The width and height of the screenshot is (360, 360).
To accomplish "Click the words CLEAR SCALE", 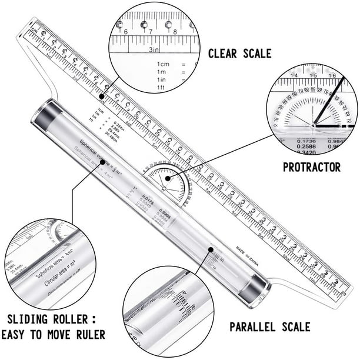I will pyautogui.click(x=239, y=54).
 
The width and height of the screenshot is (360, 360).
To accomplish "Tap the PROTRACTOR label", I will pyautogui.click(x=311, y=167).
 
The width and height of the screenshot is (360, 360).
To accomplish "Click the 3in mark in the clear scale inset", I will pyautogui.click(x=155, y=51).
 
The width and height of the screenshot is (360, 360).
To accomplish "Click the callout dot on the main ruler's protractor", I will pyautogui.click(x=167, y=178).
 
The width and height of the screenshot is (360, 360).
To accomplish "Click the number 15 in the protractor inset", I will pyautogui.click(x=314, y=75).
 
